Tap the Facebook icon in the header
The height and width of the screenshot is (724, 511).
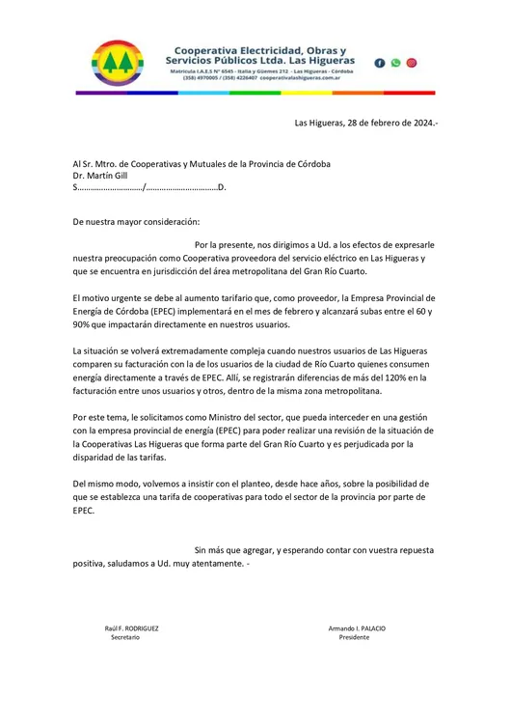[x=379, y=63]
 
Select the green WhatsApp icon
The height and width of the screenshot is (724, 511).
[x=395, y=63]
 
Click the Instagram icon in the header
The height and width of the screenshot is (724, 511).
[x=412, y=63]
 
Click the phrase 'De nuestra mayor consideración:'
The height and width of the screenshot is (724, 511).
[x=136, y=221]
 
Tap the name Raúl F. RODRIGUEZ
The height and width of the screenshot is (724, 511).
[x=132, y=627]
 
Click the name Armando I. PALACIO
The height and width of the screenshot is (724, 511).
[x=357, y=627]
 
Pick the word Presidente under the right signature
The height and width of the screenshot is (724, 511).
[x=354, y=638]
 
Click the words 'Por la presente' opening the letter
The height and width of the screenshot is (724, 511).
[x=227, y=245]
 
